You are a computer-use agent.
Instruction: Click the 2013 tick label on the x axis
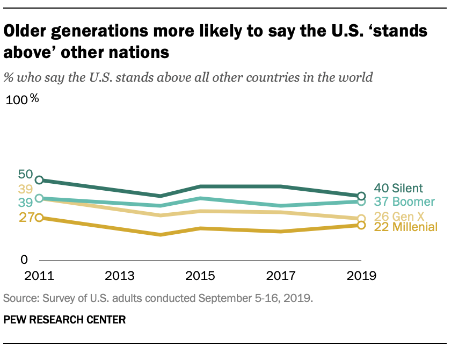pyautogui.click(x=120, y=276)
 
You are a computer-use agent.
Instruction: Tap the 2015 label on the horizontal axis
pyautogui.click(x=200, y=276)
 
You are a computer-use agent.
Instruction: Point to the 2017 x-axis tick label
pyautogui.click(x=280, y=276)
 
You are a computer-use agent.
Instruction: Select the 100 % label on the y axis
pyautogui.click(x=22, y=100)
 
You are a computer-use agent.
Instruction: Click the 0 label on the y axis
pyautogui.click(x=24, y=260)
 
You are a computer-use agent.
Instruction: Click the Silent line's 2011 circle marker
pyautogui.click(x=39, y=180)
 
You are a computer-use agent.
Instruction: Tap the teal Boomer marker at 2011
pyautogui.click(x=39, y=199)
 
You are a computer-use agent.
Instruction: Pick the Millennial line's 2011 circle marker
pyautogui.click(x=39, y=218)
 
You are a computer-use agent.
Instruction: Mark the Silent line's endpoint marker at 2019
pyautogui.click(x=361, y=196)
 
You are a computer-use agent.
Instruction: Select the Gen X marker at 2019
pyautogui.click(x=361, y=219)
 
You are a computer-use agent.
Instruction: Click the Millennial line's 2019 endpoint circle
pyautogui.click(x=361, y=225)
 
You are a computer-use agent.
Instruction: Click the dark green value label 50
pyautogui.click(x=25, y=174)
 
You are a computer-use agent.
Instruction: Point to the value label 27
pyautogui.click(x=25, y=218)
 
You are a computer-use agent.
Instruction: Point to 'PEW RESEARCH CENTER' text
pyautogui.click(x=64, y=320)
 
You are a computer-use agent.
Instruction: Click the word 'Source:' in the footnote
pyautogui.click(x=19, y=297)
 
